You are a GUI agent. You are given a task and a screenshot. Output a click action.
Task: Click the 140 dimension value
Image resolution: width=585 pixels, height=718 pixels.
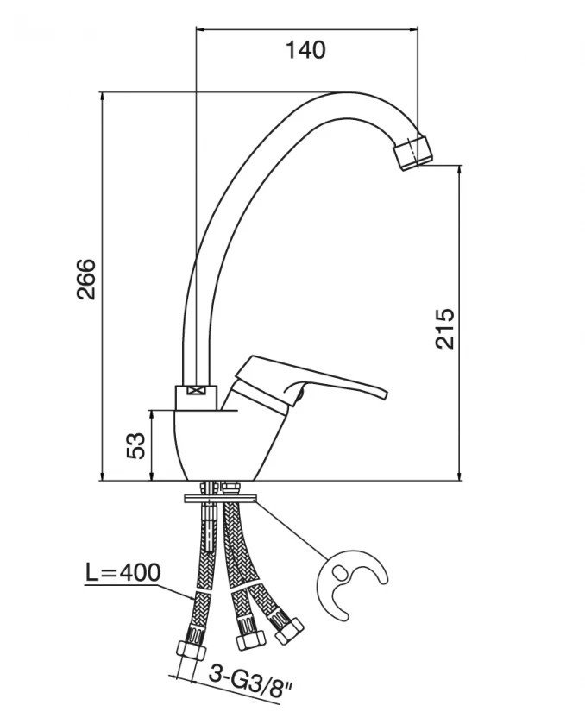(305, 50)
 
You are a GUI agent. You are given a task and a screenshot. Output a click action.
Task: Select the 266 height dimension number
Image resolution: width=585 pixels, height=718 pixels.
(86, 280)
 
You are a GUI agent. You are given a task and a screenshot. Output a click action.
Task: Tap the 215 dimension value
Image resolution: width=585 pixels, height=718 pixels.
(444, 329)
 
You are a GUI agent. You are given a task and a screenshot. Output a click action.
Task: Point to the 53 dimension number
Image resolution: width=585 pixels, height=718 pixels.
(135, 445)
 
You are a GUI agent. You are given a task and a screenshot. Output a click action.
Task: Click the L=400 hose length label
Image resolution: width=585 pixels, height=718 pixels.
(123, 572)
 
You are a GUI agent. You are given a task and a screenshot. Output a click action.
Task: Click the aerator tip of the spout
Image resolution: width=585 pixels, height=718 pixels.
(413, 153)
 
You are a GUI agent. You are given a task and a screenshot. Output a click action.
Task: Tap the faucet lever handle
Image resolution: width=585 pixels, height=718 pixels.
(311, 380)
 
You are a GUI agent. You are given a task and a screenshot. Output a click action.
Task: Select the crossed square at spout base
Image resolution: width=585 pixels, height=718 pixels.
(196, 390)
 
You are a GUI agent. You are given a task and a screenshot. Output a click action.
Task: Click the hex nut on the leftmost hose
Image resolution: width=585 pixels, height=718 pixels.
(192, 650)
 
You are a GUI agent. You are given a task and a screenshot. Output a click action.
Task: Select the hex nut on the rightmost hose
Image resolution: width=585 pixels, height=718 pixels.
(289, 631)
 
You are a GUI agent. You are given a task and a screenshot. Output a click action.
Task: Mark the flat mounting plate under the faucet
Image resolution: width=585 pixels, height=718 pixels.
(220, 498)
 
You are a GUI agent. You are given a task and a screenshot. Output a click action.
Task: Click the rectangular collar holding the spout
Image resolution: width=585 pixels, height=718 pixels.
(196, 398)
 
